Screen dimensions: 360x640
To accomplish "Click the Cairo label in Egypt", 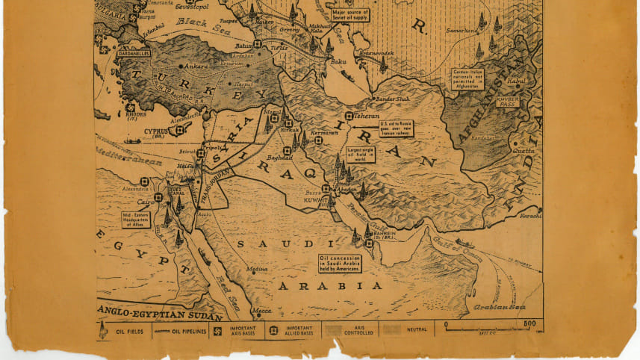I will click(x=146, y=202).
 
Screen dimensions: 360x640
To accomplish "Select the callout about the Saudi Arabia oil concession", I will click(x=340, y=263).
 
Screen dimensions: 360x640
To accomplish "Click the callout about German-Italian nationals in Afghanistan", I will click(x=467, y=78).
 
